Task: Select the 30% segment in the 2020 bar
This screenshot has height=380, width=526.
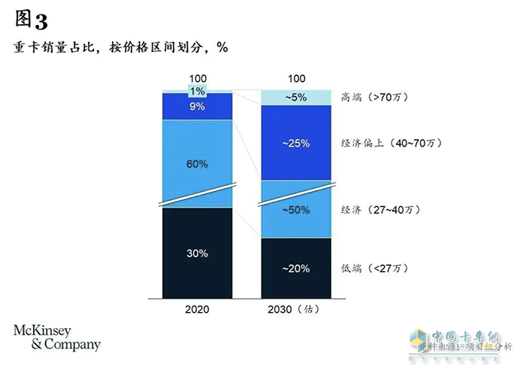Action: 197,254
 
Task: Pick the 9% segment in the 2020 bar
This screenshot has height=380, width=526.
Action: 197,107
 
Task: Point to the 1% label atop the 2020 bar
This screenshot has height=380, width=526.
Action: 197,92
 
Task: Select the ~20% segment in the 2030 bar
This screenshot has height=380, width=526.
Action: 295,269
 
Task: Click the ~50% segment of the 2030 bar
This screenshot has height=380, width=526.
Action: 295,210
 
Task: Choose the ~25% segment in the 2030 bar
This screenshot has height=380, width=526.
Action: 295,143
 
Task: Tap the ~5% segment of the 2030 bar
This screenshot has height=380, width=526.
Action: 295,97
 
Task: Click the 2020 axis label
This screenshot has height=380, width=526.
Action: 197,309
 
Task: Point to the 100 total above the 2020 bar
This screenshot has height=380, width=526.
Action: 197,79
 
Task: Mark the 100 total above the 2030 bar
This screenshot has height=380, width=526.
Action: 296,79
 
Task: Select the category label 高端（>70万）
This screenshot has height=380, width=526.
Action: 374,97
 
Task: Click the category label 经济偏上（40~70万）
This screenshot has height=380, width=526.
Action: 391,143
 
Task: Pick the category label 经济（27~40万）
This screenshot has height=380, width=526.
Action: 379,210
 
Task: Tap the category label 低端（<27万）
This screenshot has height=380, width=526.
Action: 374,269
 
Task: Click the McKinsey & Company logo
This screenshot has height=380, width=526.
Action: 56,337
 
